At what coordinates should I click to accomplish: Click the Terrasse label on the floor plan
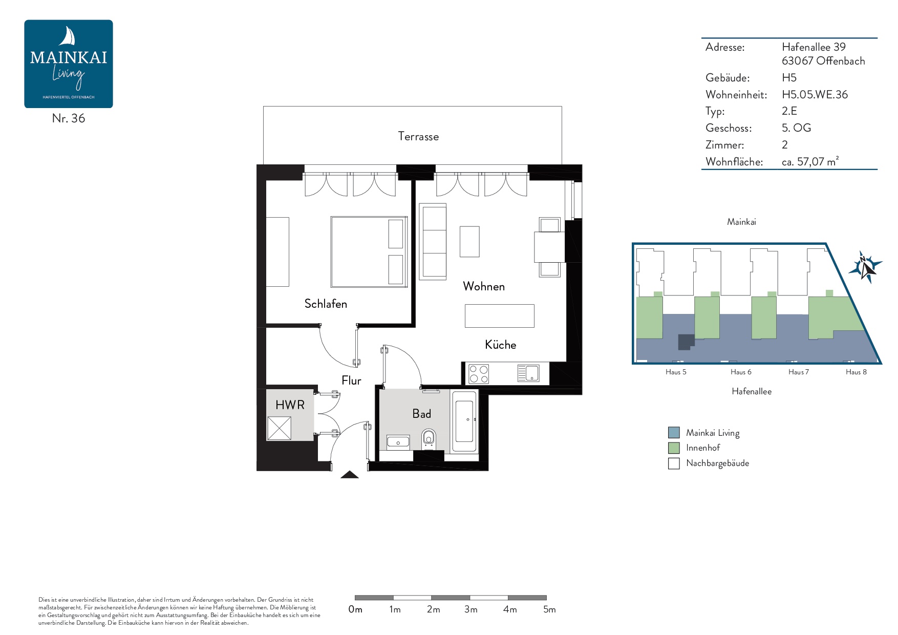418,136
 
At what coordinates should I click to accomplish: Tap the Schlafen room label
326,304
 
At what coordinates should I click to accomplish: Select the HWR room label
290,405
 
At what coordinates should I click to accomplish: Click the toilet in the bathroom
429,438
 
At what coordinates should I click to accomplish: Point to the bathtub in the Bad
465,421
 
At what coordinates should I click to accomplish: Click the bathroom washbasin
398,441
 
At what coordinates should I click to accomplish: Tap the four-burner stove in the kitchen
479,374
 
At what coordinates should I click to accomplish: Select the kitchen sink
528,373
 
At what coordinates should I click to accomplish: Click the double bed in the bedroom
369,251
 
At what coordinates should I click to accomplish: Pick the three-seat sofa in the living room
433,242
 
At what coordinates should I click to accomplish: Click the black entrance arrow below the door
350,475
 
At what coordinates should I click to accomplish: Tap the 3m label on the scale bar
471,609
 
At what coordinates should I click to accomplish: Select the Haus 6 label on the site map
741,372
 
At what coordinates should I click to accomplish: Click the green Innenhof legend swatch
674,448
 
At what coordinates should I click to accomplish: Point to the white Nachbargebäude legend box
674,463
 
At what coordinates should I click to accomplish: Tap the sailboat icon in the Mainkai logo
68,36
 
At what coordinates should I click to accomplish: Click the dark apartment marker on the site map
686,342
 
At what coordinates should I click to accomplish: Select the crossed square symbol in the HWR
279,428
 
